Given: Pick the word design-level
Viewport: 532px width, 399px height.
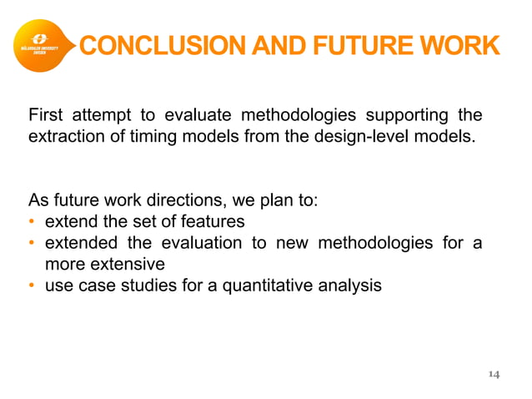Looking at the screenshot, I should (x=366, y=134).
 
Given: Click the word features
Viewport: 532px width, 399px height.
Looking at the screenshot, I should (x=215, y=222).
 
